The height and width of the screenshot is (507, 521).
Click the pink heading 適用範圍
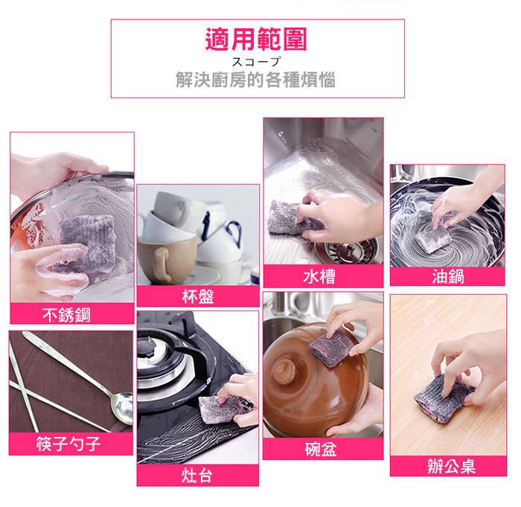[256, 39]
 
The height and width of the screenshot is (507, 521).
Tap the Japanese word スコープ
[256, 62]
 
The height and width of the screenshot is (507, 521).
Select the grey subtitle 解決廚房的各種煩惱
[255, 80]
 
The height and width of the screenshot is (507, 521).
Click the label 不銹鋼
[66, 314]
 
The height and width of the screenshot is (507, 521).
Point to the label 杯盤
[198, 296]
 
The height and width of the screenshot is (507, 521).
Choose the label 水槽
[319, 276]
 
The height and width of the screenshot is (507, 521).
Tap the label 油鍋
[448, 276]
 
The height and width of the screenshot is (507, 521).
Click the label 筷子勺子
[68, 444]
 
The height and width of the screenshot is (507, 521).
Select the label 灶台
[196, 475]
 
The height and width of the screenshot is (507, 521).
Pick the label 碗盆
[321, 449]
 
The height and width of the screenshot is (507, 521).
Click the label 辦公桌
[451, 466]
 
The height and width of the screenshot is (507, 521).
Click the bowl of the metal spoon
[122, 408]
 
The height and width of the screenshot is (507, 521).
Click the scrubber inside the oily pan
[432, 238]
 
